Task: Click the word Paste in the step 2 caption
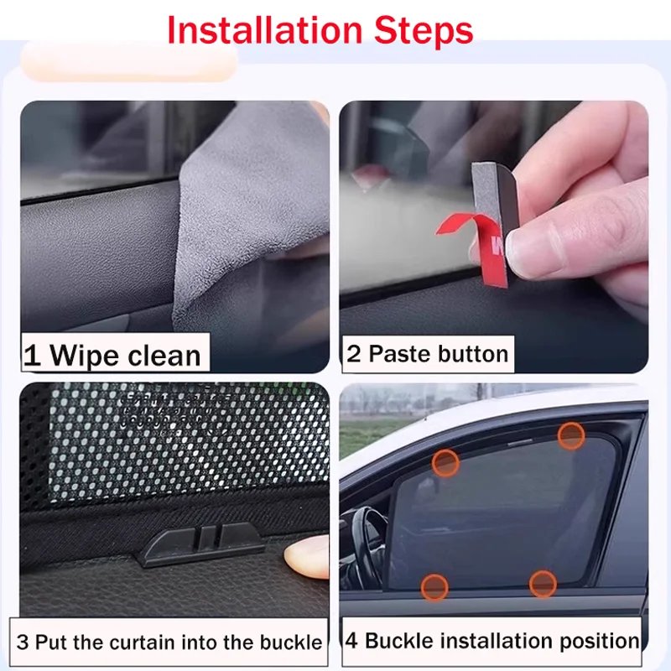click(398, 353)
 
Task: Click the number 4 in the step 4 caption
click(352, 642)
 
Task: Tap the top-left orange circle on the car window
click(445, 462)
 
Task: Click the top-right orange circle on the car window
click(571, 435)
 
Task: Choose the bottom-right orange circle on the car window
click(543, 583)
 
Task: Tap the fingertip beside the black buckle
click(307, 557)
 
